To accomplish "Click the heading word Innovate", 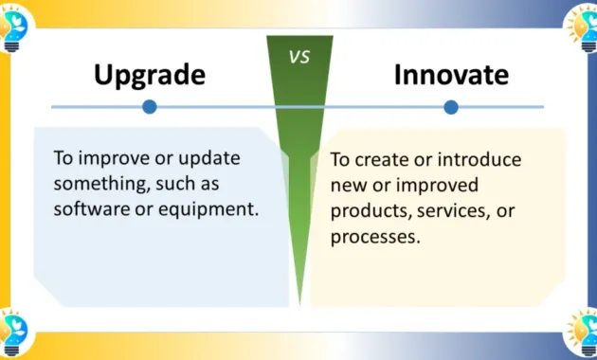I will pos(451,76).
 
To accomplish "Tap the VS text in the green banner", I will pos(298,56).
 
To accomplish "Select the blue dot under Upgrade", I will pos(149,107).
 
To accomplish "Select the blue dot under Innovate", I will pos(451,107).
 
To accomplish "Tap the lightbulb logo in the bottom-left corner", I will pos(14,334).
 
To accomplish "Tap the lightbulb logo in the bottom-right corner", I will pos(581,334).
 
